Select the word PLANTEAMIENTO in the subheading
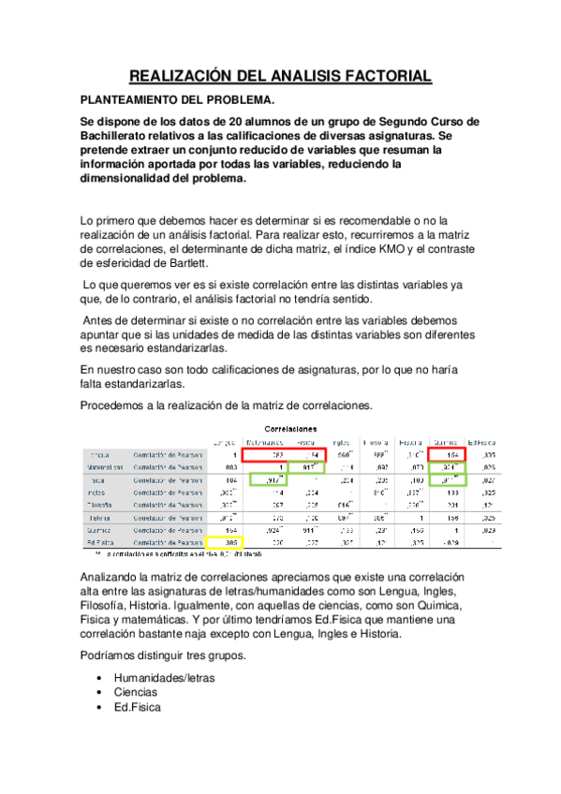(x=138, y=99)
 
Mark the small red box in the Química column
(x=449, y=455)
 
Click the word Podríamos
(x=115, y=655)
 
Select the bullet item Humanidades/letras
(x=164, y=676)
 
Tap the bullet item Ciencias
(x=135, y=692)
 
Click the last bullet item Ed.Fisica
(x=137, y=707)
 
